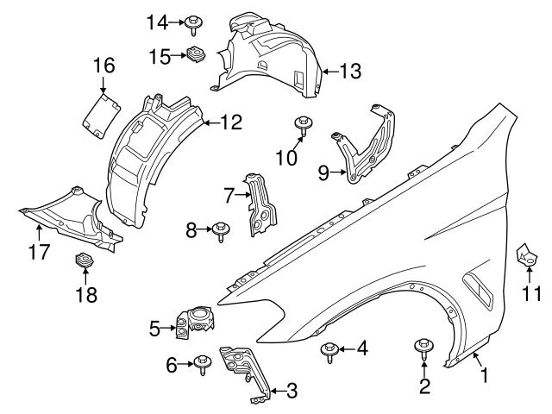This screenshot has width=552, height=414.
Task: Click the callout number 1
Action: pos(484,375)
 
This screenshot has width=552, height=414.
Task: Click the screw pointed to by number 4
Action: pos(329,349)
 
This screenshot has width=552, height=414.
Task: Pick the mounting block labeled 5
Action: pos(196,320)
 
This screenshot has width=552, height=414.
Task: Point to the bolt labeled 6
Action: pos(203,364)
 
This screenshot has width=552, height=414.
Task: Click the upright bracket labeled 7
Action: pos(259,203)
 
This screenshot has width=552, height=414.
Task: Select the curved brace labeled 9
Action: pos(362,147)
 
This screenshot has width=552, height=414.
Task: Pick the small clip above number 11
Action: pos(525,256)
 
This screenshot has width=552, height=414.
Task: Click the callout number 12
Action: pos(230,122)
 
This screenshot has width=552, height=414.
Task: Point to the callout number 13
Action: pos(350,72)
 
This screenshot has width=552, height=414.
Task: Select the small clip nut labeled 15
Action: pos(196,55)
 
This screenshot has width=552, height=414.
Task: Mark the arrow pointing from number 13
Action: pos(329,72)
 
